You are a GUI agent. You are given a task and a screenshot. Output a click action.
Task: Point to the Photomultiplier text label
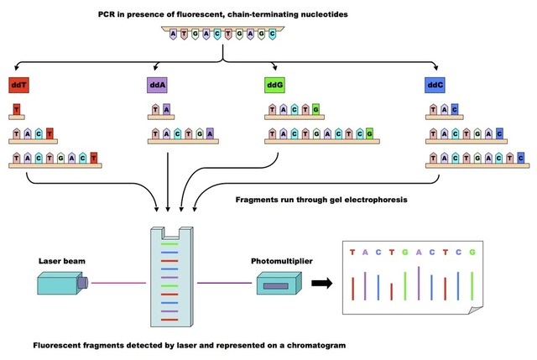click(282, 261)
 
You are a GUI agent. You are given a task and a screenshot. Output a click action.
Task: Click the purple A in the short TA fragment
click(166, 108)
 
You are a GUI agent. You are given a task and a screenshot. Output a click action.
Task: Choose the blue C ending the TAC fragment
click(454, 108)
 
